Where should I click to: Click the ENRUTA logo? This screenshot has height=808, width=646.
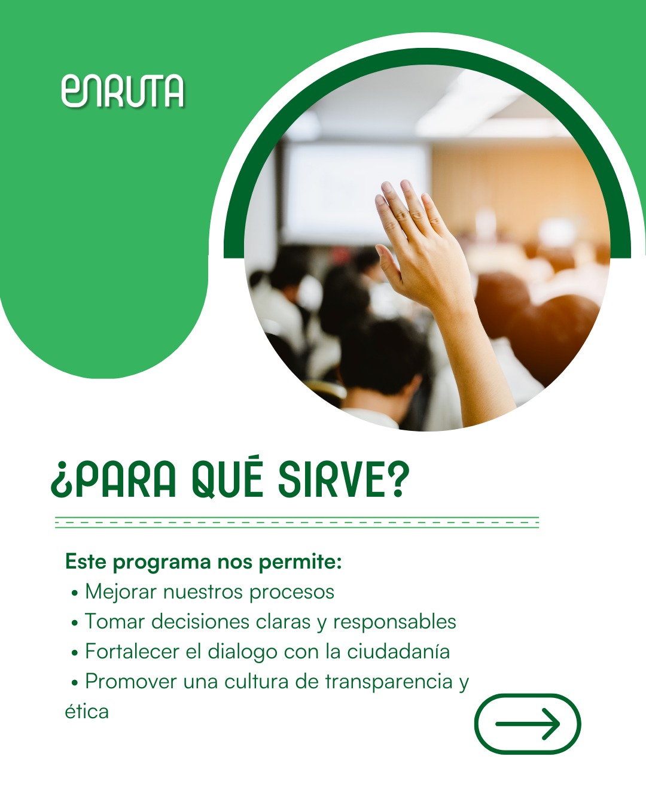tap(123, 92)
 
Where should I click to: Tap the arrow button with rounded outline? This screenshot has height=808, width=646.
tap(527, 724)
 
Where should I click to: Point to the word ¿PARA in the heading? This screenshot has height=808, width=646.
tap(114, 480)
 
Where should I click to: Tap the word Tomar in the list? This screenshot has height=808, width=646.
tap(115, 622)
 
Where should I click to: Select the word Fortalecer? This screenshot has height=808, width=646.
tap(132, 652)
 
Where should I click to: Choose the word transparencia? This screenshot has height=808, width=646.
tap(388, 682)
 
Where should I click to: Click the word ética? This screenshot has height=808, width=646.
tap(87, 712)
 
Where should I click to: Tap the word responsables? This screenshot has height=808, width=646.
tap(394, 622)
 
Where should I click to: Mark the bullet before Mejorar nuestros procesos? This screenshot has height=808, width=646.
tap(75, 593)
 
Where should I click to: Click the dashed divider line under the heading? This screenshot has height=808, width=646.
tap(297, 523)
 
